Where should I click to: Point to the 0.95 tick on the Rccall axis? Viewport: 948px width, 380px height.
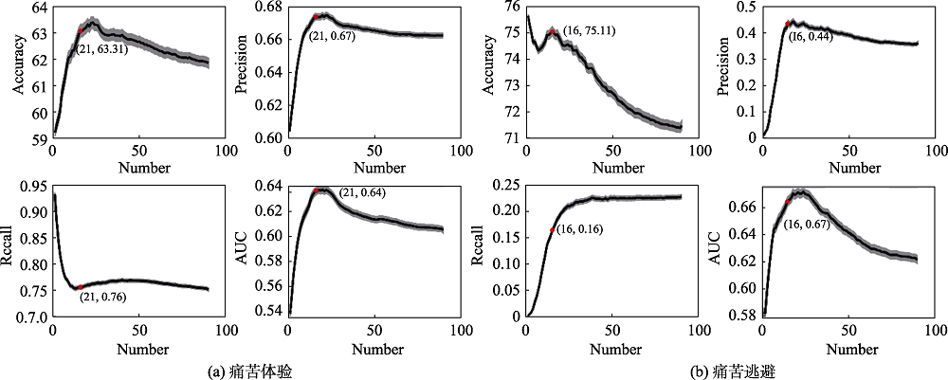31,187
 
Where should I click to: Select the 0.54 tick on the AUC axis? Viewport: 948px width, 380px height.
269,310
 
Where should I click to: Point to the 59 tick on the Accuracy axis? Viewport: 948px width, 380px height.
40,138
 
